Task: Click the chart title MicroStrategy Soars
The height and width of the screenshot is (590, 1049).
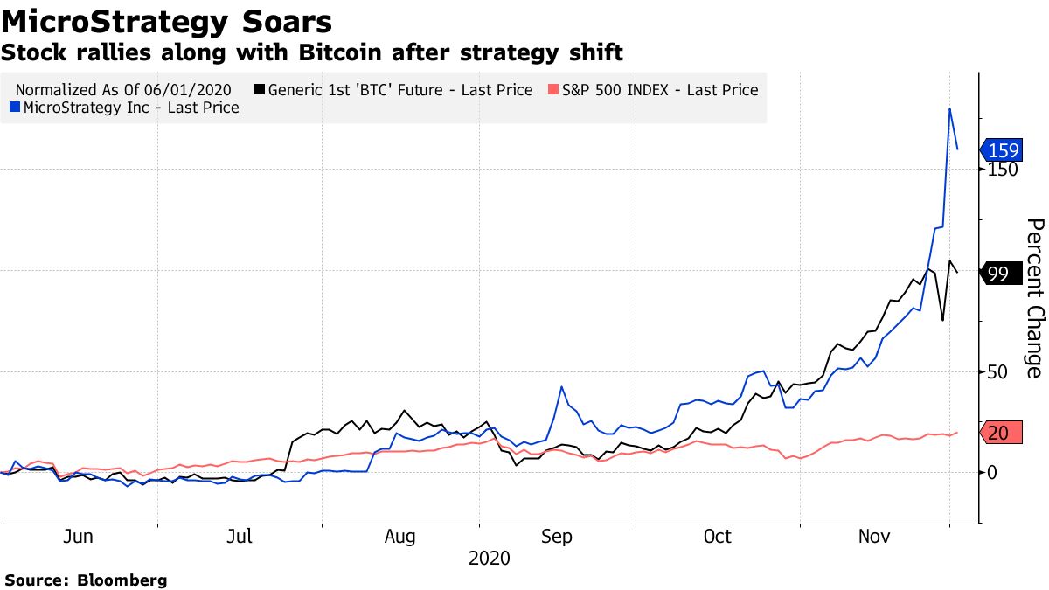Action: tap(166, 21)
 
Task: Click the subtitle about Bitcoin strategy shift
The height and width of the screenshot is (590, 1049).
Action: tap(311, 53)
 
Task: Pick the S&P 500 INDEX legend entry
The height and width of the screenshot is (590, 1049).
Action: tap(652, 89)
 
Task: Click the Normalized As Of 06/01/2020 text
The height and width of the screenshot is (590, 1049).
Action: tap(123, 89)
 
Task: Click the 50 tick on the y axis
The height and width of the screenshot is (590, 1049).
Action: tap(997, 371)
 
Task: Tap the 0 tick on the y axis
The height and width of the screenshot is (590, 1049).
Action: tap(991, 473)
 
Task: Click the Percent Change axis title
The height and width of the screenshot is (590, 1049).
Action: tap(1034, 298)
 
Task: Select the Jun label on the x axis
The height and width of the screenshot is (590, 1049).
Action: tap(79, 536)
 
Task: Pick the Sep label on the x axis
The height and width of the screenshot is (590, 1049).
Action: tap(557, 536)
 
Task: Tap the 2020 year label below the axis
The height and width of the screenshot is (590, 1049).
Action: tap(489, 558)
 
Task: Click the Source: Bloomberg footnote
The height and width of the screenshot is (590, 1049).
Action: tap(86, 580)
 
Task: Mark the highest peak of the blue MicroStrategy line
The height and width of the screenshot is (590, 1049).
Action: tap(950, 108)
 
